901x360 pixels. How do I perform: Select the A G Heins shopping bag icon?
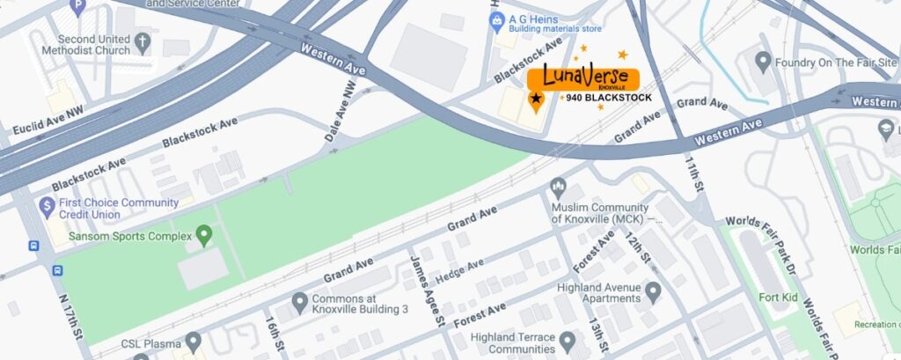pos(495,18)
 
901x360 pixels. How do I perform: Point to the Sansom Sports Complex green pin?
pos(204,235)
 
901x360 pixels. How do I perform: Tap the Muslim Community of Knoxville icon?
pos(557,187)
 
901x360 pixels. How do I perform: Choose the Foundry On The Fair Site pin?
pos(762,62)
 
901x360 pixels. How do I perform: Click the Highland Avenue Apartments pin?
pos(652,292)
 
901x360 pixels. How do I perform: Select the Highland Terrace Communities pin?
pos(568,341)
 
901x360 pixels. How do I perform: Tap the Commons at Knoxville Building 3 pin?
pos(299,303)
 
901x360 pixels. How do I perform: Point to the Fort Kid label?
pos(778,298)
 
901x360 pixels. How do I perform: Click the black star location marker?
pos(536,99)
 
